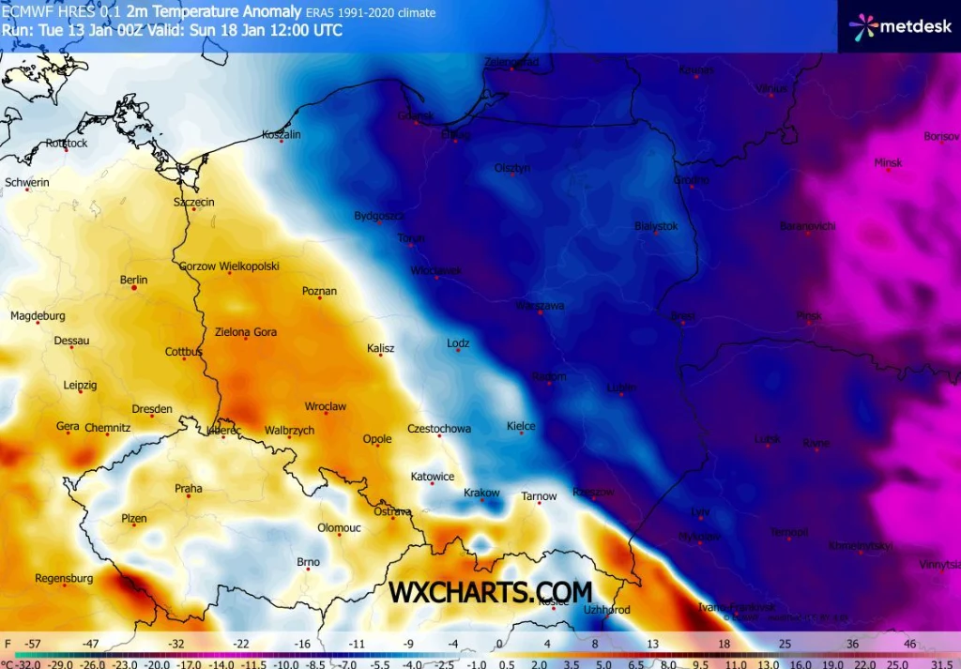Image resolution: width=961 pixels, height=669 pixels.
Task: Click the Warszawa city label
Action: click(540, 306)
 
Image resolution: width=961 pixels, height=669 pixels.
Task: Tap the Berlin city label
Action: click(133, 280)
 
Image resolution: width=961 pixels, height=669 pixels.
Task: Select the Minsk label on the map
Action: click(887, 162)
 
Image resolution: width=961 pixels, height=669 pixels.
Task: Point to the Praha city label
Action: click(188, 488)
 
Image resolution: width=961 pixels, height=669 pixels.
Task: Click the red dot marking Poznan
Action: click(320, 297)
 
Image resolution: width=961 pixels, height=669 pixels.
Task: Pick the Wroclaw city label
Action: click(326, 406)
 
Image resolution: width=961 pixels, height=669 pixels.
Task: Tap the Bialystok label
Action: click(656, 226)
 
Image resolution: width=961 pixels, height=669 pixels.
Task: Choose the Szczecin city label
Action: click(194, 202)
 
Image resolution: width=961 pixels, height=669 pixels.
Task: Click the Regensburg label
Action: click(64, 579)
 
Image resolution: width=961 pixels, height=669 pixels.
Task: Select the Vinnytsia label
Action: click(939, 565)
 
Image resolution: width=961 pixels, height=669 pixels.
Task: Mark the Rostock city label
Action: click(66, 144)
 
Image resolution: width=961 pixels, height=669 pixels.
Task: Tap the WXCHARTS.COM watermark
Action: click(490, 592)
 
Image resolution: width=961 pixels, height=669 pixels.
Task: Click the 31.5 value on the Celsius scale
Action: click(941, 662)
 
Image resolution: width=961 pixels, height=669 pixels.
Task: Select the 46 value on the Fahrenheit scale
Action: click(909, 645)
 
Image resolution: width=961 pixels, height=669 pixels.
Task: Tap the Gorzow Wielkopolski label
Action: click(229, 266)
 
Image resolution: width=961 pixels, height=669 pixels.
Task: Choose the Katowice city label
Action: click(433, 477)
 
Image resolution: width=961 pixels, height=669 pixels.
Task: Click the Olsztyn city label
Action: click(512, 168)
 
